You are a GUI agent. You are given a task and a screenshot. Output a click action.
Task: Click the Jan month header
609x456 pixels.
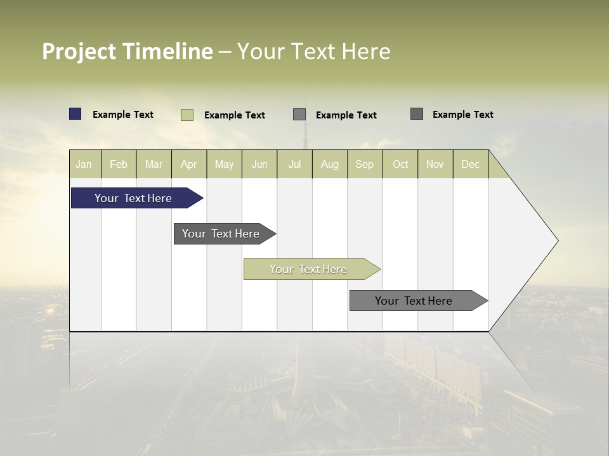tap(84, 164)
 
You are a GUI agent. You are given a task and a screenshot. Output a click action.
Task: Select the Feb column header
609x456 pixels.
tap(119, 164)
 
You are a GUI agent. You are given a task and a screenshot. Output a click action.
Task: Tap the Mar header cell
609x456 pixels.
tap(154, 164)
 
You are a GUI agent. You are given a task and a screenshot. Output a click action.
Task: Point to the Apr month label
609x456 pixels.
tap(189, 164)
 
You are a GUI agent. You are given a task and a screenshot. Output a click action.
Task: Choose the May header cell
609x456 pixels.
tap(224, 164)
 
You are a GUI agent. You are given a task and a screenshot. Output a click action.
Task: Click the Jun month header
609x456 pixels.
tap(259, 164)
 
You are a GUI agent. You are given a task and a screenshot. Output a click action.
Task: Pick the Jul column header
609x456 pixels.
tap(294, 164)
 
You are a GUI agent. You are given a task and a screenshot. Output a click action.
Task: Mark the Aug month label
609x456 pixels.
tap(330, 164)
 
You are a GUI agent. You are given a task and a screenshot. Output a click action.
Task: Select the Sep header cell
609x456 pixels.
tap(365, 164)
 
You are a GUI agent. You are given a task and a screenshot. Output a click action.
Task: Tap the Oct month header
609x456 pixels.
tap(400, 164)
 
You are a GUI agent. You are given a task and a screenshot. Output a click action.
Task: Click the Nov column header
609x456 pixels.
tap(435, 164)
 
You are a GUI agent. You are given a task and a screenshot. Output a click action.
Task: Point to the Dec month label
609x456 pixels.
tap(470, 164)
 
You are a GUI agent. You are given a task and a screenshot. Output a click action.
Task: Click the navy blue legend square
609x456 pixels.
tap(75, 114)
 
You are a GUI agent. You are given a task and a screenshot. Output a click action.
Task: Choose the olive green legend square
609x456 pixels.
tap(187, 115)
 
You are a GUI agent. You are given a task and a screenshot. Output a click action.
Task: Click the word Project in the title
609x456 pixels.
tap(79, 51)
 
